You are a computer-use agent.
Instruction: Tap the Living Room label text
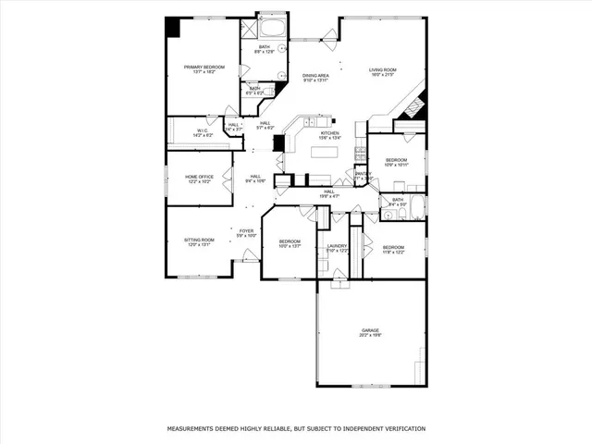[382, 70]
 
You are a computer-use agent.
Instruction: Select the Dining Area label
[315, 76]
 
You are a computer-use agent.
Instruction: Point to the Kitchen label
[329, 133]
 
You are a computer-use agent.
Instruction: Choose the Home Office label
[199, 177]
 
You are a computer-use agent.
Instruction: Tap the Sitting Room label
[200, 240]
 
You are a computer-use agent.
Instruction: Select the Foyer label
[246, 231]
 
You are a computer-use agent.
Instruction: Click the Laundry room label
[337, 246]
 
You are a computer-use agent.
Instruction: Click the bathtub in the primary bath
[272, 26]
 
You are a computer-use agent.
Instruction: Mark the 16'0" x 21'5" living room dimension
[382, 76]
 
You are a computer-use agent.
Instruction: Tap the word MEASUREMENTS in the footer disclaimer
[195, 429]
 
